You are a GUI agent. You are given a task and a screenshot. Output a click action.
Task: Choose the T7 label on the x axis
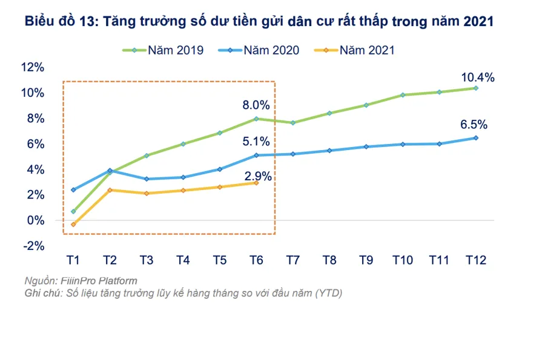click(x=293, y=260)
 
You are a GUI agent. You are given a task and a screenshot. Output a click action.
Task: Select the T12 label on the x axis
click(x=475, y=260)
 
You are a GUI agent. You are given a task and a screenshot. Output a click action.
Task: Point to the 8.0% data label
click(x=257, y=106)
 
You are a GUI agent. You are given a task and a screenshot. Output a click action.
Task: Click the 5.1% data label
click(x=257, y=142)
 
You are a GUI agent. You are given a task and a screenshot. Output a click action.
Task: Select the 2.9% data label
click(x=257, y=177)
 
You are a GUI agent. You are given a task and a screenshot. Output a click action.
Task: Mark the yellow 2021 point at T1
click(x=73, y=224)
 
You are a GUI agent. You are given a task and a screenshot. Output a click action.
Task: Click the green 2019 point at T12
click(x=476, y=88)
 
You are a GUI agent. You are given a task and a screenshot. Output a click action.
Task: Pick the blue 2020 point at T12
click(x=476, y=138)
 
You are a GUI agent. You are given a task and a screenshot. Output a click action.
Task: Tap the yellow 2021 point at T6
click(x=256, y=183)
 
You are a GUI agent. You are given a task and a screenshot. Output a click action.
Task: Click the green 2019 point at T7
click(x=293, y=123)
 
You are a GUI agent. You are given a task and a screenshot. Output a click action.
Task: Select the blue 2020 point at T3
click(x=147, y=179)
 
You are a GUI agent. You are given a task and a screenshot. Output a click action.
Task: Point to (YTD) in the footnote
click(x=328, y=293)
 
